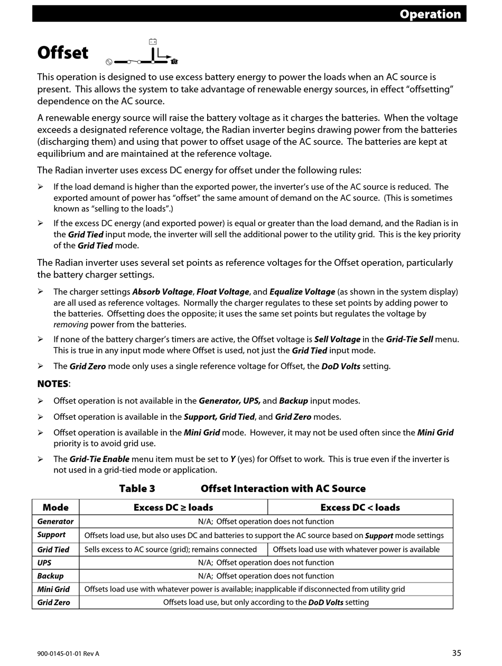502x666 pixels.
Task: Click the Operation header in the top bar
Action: tap(430, 14)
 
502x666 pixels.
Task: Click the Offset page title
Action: tap(63, 53)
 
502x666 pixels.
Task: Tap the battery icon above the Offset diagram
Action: tap(153, 42)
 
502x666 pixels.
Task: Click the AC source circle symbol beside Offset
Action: tap(109, 62)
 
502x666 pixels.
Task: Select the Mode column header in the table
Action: tap(55, 507)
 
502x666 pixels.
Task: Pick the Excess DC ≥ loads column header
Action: tap(173, 507)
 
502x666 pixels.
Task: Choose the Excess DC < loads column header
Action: tap(360, 507)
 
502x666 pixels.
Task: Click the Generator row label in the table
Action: tap(55, 522)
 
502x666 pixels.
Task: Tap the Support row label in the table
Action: tap(51, 535)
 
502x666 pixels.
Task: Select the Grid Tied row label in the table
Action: tap(53, 550)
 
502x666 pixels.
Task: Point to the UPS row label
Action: tap(44, 563)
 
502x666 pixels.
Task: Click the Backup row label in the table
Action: tap(50, 576)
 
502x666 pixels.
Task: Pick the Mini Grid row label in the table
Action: tap(53, 589)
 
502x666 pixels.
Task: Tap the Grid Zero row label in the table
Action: tap(53, 603)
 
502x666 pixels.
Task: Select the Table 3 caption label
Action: tap(137, 488)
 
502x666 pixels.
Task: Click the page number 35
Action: tap(457, 653)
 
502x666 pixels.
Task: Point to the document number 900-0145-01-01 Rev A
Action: tap(68, 654)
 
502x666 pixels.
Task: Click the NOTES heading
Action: tap(53, 384)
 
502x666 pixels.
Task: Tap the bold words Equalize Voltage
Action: tap(302, 292)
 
